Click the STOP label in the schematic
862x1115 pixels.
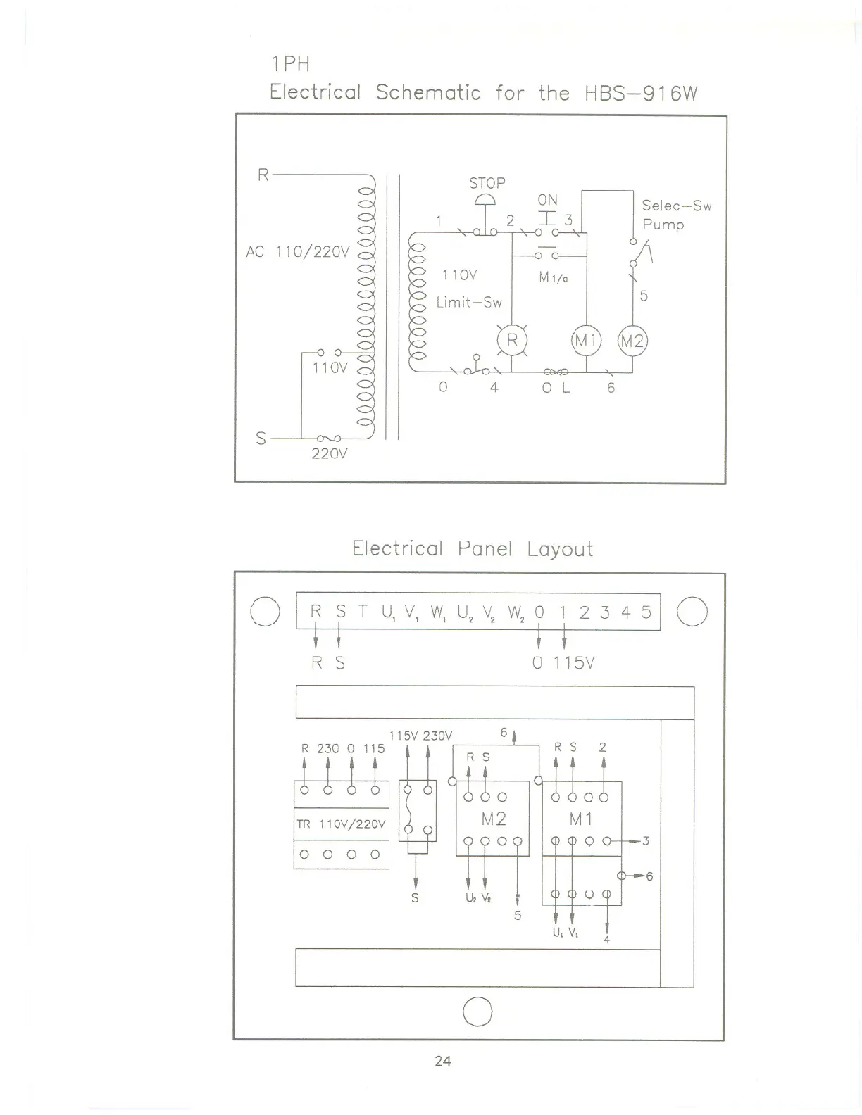(x=487, y=183)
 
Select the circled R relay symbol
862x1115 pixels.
(x=512, y=341)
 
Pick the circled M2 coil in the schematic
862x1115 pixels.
(x=632, y=341)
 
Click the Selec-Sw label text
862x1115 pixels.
(x=676, y=206)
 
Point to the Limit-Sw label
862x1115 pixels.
(x=469, y=302)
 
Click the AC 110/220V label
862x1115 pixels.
(x=297, y=251)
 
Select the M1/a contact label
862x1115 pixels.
(x=554, y=278)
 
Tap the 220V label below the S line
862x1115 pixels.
(x=329, y=454)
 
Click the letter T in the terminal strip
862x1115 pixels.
(x=362, y=612)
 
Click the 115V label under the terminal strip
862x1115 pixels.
(x=574, y=662)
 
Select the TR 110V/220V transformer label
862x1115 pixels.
(x=342, y=824)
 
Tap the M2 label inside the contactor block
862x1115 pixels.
(x=493, y=819)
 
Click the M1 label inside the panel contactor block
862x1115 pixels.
(x=581, y=819)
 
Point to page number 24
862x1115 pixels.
(x=443, y=1061)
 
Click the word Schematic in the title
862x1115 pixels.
(x=428, y=93)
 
